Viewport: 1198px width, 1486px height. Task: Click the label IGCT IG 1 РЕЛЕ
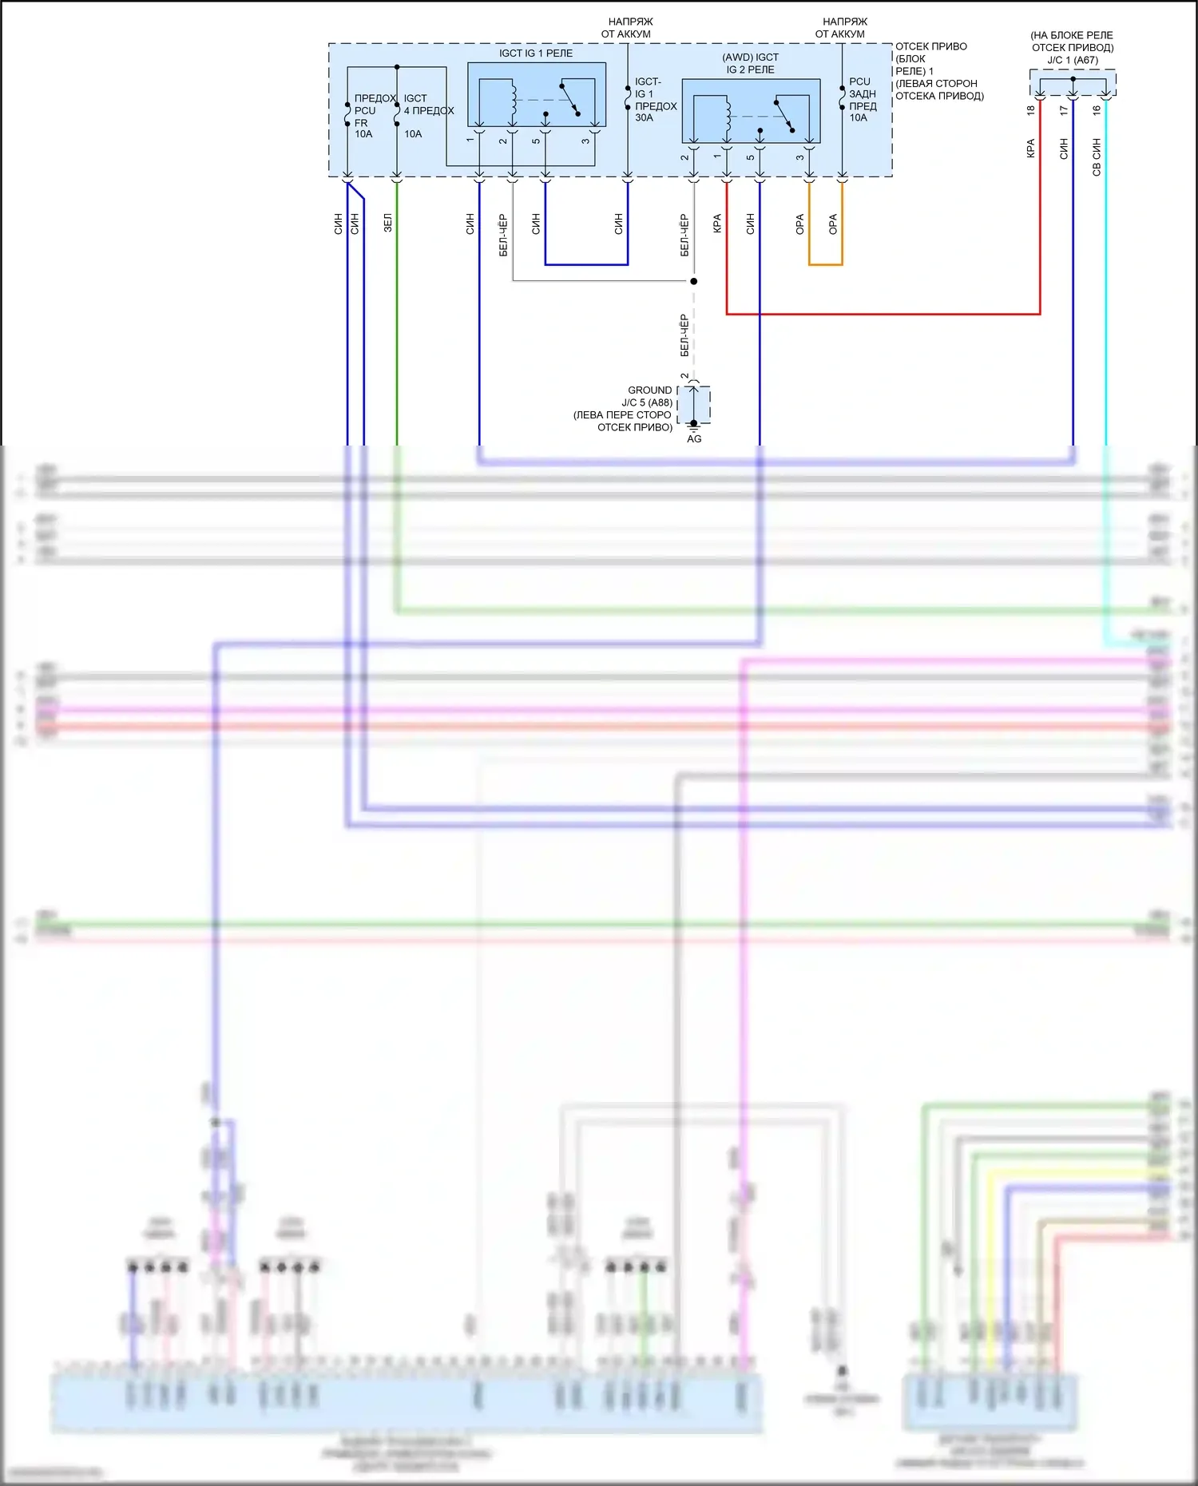pos(536,53)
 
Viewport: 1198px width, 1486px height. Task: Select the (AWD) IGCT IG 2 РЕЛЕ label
pos(750,63)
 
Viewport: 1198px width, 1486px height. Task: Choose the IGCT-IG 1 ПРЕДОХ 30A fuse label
pos(655,100)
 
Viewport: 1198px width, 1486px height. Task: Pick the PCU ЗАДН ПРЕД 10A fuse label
pos(862,100)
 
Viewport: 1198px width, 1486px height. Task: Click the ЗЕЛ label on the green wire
pos(388,223)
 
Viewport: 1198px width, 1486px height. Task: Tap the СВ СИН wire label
pos(1097,157)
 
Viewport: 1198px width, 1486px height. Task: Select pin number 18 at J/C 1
pos(1031,110)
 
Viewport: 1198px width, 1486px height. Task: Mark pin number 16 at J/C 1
pos(1097,110)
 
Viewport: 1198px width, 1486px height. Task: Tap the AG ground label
pos(694,439)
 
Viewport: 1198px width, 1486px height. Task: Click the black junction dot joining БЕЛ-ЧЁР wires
pos(693,281)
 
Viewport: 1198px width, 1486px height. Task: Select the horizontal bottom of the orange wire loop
pos(825,264)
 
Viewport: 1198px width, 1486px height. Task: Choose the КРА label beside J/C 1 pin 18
pos(1031,149)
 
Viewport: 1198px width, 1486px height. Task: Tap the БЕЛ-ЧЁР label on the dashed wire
pos(684,335)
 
